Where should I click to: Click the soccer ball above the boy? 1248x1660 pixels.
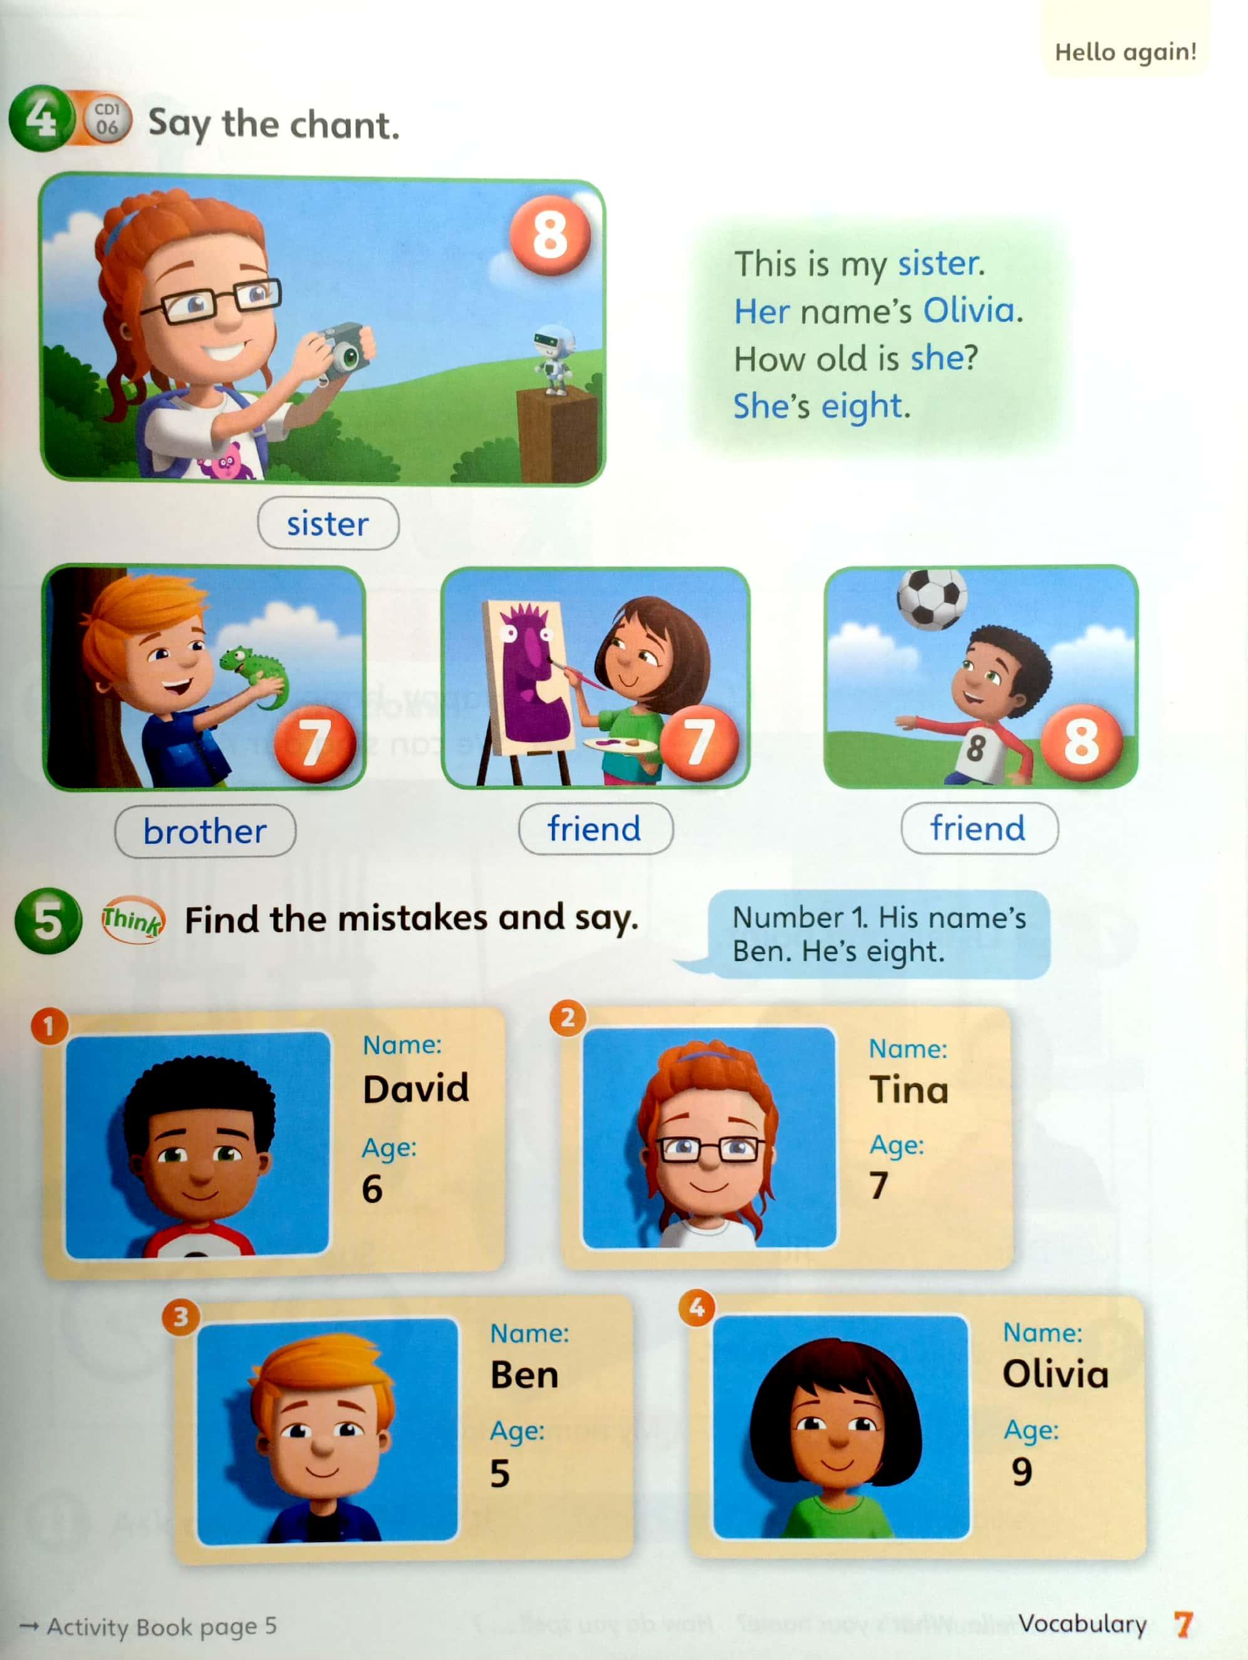coord(932,598)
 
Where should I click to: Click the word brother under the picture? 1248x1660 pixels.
coord(205,831)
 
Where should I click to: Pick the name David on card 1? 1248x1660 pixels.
coord(415,1088)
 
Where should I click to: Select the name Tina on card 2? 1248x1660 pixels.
coord(909,1090)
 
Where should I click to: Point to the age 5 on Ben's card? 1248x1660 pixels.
coord(499,1474)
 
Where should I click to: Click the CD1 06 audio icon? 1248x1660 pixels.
coord(107,118)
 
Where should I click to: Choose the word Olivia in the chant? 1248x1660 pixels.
coord(969,310)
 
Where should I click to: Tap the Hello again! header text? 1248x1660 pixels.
coord(1125,52)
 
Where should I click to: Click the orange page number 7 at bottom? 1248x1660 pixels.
coord(1184,1624)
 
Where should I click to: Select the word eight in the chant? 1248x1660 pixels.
coord(861,406)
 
